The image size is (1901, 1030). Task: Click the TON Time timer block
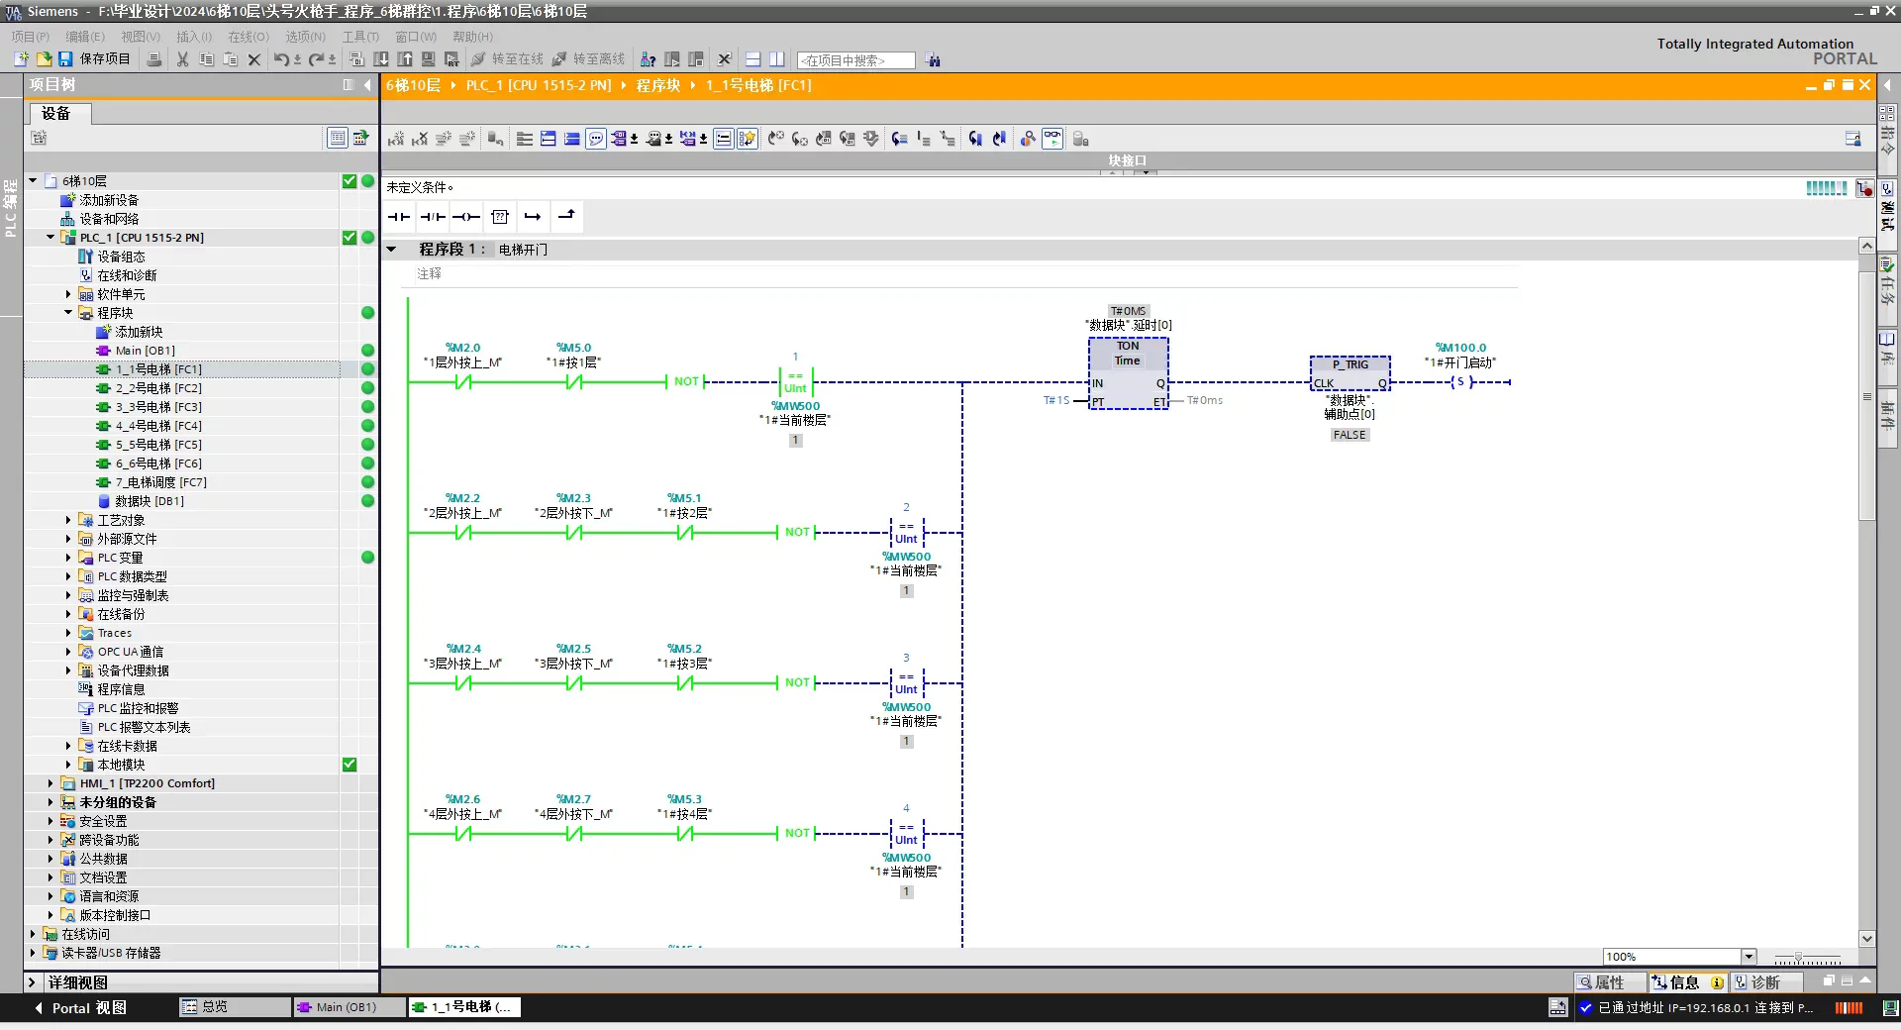click(x=1128, y=372)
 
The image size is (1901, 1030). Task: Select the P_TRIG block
click(x=1350, y=373)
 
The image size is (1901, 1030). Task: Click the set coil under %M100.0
click(x=1460, y=382)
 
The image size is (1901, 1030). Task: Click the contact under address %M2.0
click(x=462, y=382)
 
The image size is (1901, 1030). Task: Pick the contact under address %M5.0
click(x=573, y=382)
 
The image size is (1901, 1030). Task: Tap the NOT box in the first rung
click(x=686, y=382)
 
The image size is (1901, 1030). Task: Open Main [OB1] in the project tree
click(x=145, y=351)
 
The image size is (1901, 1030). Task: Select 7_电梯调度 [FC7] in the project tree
click(x=160, y=482)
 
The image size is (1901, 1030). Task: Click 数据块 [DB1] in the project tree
click(x=149, y=501)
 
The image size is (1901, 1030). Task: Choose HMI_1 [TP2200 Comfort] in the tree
click(x=147, y=783)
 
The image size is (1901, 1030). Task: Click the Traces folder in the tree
click(x=114, y=633)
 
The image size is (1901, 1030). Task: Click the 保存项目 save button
click(x=95, y=59)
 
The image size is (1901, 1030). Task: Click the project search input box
click(x=855, y=60)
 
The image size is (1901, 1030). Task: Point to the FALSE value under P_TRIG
click(x=1350, y=435)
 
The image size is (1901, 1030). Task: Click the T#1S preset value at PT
click(x=1055, y=400)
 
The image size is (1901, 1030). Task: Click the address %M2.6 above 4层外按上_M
click(x=462, y=799)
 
